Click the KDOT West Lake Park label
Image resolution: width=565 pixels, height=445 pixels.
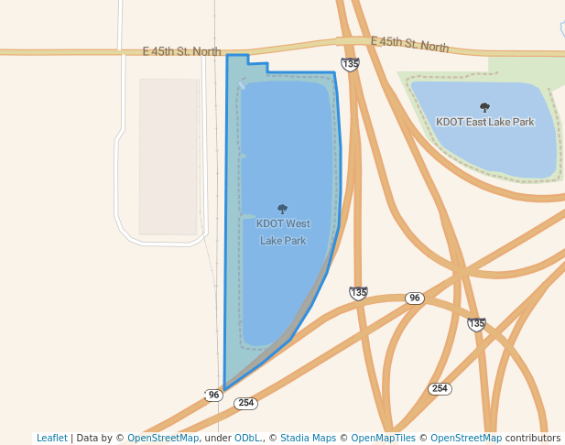pyautogui.click(x=283, y=232)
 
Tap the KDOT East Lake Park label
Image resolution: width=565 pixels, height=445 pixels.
pyautogui.click(x=484, y=122)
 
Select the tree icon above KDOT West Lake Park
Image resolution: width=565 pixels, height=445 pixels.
pyautogui.click(x=282, y=209)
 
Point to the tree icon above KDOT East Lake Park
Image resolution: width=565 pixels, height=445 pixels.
pyautogui.click(x=484, y=107)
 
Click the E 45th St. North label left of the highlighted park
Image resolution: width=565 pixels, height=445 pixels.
pyautogui.click(x=182, y=51)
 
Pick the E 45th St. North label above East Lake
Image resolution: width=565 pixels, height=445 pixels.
pyautogui.click(x=409, y=44)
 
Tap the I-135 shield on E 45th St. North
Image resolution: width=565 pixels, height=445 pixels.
pyautogui.click(x=350, y=63)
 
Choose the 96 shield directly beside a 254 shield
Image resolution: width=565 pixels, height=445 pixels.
pyautogui.click(x=214, y=395)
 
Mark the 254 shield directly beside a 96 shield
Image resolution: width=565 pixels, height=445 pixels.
pyautogui.click(x=245, y=403)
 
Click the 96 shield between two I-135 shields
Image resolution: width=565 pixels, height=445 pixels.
pyautogui.click(x=415, y=298)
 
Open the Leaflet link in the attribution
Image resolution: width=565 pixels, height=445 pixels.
pyautogui.click(x=51, y=438)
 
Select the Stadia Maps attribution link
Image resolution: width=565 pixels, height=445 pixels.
pyautogui.click(x=308, y=438)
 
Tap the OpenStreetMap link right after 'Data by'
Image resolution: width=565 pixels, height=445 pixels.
pyautogui.click(x=163, y=438)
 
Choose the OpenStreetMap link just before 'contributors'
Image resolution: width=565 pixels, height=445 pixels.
pyautogui.click(x=466, y=438)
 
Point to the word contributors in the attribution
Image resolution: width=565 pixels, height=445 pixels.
pyautogui.click(x=532, y=438)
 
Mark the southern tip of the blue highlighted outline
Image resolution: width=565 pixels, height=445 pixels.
pyautogui.click(x=223, y=388)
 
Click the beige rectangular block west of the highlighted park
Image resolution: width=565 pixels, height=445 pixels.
pyautogui.click(x=169, y=156)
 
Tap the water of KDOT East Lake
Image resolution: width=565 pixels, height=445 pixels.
pyautogui.click(x=485, y=147)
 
